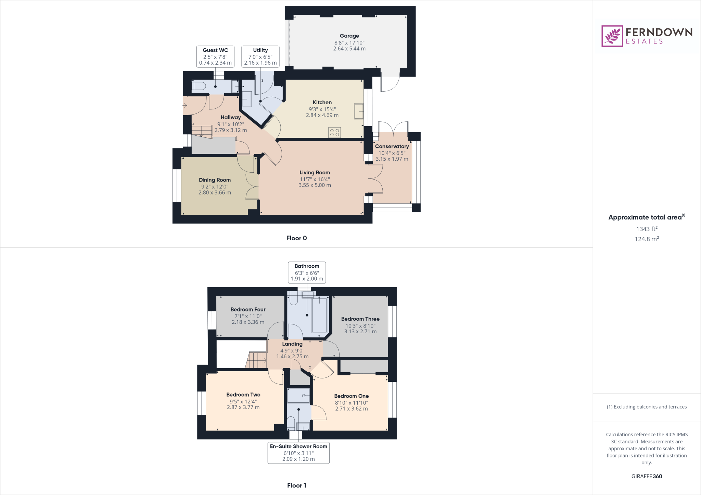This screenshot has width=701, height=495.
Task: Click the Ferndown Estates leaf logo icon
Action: pos(612,36)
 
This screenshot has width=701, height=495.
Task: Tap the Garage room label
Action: pos(349,36)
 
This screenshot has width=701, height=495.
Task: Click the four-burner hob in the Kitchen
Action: pos(334,132)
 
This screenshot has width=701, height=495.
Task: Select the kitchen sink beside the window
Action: pos(358,111)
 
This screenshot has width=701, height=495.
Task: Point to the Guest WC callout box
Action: pos(215,56)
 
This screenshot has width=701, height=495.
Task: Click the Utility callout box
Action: pos(260,56)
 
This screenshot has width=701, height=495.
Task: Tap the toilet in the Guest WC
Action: pos(198,86)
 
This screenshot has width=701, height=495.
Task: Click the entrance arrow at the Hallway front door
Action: pos(185,106)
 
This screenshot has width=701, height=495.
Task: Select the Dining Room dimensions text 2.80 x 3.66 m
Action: pos(215,192)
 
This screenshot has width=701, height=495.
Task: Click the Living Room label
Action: pos(315,173)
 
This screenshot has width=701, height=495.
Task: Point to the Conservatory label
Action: pos(392,146)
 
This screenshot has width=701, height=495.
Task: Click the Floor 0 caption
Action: pos(296,238)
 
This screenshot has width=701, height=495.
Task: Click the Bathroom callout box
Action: pos(307,272)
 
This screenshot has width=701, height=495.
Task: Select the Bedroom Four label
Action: pos(248,309)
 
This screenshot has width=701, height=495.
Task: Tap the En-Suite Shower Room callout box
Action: pos(298,453)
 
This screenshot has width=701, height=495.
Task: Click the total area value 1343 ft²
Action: pos(646,229)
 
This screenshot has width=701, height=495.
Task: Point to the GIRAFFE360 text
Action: pos(646,476)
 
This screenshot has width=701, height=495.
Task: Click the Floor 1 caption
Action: pos(296,485)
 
